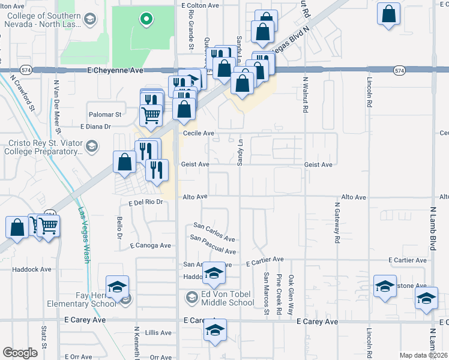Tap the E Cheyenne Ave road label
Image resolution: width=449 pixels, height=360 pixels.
click(115, 70)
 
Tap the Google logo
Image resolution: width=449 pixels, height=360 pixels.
click(20, 353)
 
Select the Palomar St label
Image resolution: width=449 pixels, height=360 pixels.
click(106, 114)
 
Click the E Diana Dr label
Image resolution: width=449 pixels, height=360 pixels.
click(96, 127)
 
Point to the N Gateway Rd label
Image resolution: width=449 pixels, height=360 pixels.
click(337, 222)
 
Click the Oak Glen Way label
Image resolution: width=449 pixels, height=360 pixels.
click(291, 295)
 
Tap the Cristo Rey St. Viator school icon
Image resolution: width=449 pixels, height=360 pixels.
click(92, 146)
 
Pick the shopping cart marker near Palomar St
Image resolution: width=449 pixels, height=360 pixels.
click(151, 113)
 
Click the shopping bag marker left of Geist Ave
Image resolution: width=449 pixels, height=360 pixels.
click(124, 162)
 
